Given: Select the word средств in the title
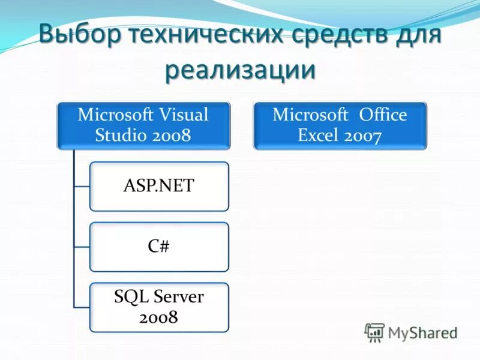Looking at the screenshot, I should [x=339, y=34].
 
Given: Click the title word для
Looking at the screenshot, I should [x=417, y=34].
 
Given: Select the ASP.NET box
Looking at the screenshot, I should [x=159, y=186].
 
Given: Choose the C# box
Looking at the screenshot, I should [x=159, y=247].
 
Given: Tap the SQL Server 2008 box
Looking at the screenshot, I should [x=159, y=307].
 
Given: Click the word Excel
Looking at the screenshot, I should [x=319, y=135].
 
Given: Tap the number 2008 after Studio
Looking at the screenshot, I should [x=170, y=135].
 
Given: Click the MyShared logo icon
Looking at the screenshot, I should [x=374, y=332].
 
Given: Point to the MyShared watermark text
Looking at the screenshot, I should [x=422, y=332].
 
